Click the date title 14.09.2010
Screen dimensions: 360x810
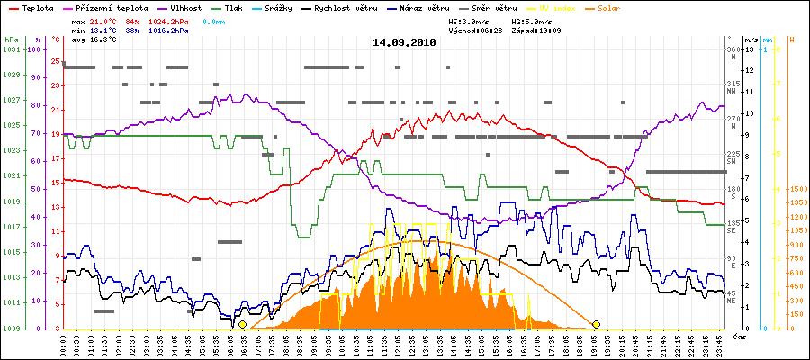click(x=404, y=42)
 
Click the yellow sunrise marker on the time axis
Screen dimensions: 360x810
click(x=242, y=324)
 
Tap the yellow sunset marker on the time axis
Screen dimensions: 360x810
click(x=596, y=324)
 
